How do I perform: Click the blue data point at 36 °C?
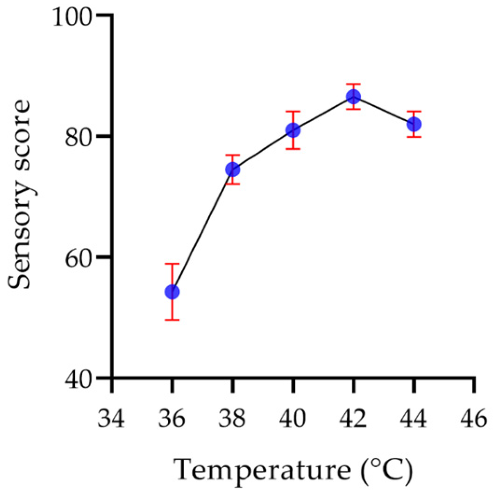coord(172,292)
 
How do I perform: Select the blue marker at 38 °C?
coord(232,170)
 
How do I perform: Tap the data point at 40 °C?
coord(293,130)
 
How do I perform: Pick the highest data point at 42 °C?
coord(353,97)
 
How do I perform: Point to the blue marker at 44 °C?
coord(414,124)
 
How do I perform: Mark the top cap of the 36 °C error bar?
coord(172,264)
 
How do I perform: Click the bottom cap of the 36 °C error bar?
coord(172,320)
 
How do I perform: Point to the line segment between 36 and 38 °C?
coord(202,231)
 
